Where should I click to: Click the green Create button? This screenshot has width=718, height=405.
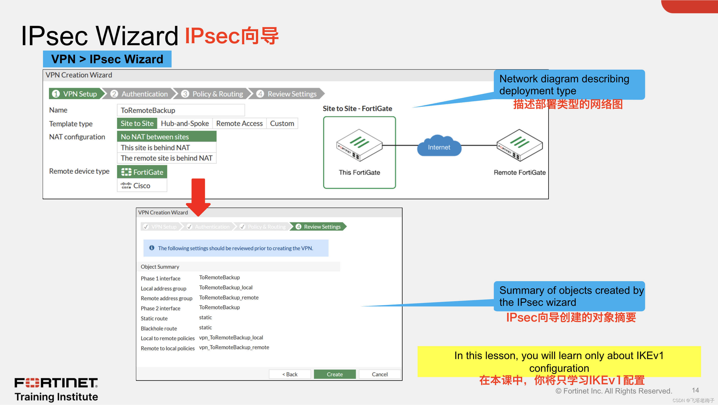pos(335,374)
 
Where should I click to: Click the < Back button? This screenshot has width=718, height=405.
pos(290,374)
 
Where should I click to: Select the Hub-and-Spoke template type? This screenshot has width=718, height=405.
pos(185,124)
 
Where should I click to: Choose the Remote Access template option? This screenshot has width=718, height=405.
pos(239,124)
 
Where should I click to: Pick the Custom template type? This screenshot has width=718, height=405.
pos(282,124)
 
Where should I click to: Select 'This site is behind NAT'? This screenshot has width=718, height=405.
pos(155,148)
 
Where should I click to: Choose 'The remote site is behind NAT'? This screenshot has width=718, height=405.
pos(166,158)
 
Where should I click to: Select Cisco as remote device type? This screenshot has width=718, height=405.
pos(142,186)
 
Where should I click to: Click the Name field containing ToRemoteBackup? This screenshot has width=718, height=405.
pos(181,110)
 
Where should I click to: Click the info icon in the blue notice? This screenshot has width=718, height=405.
pos(152,248)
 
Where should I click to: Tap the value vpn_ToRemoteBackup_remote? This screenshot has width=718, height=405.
pos(234,347)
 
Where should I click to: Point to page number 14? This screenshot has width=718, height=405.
pos(695,390)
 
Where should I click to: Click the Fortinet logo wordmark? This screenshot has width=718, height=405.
pos(56,383)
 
